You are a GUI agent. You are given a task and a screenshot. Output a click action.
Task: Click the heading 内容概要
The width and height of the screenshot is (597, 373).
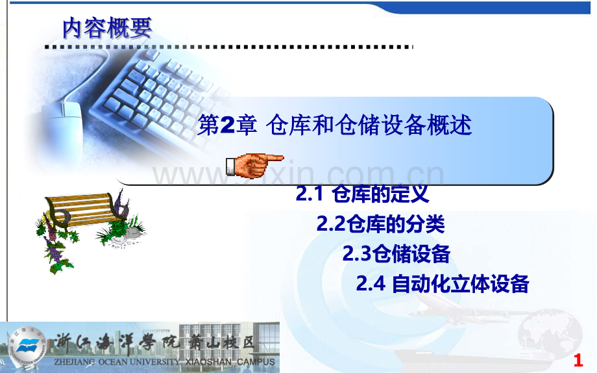(x=107, y=27)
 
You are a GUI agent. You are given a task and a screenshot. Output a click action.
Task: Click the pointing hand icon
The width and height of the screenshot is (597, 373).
(x=255, y=165)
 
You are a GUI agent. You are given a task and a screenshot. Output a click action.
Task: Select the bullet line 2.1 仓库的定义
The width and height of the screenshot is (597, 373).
(x=362, y=193)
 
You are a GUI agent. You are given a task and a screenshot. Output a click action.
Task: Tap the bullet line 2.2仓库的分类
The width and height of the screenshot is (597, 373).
(x=380, y=224)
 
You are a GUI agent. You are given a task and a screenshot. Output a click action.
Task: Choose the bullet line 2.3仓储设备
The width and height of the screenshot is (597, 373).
(x=396, y=254)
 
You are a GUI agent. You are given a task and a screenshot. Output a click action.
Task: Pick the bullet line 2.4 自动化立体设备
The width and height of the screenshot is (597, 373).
(x=443, y=284)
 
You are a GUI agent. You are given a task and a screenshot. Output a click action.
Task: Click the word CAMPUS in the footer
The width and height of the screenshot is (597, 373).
(x=256, y=362)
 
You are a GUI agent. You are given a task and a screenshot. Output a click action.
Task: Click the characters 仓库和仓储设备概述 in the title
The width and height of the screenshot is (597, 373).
(x=369, y=125)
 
